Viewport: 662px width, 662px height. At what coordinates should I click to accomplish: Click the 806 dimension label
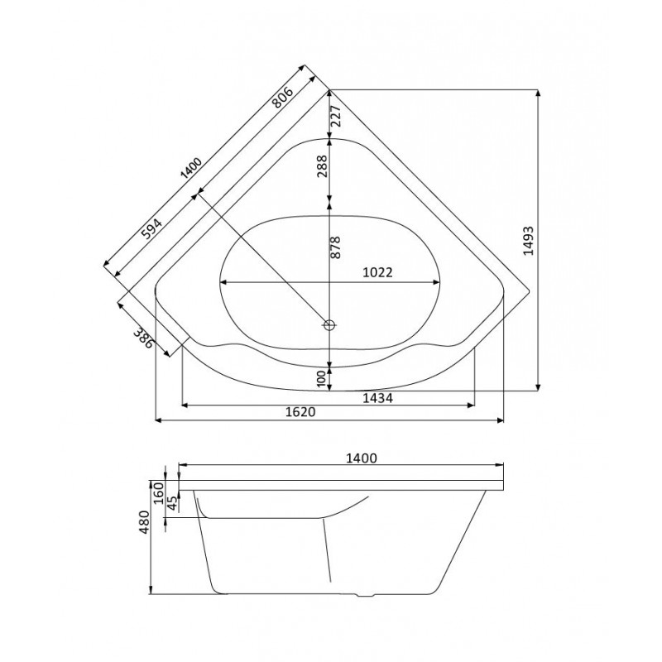(282, 97)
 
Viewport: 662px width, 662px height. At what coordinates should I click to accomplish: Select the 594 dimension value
(151, 229)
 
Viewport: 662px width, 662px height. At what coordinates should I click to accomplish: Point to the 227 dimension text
(335, 115)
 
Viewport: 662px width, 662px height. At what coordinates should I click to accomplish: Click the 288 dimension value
(322, 166)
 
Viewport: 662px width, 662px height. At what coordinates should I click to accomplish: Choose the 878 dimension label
(335, 247)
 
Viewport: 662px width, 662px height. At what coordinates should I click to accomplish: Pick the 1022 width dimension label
(378, 272)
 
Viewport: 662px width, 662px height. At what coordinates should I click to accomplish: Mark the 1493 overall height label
(528, 241)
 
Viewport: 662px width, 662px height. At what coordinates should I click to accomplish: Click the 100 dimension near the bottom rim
(322, 379)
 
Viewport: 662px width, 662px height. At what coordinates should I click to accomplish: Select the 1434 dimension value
(378, 398)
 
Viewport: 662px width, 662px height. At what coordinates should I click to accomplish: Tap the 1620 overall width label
(300, 412)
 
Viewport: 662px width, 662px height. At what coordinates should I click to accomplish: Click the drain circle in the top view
(329, 325)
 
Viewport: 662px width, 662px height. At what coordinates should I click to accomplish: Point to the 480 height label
(144, 522)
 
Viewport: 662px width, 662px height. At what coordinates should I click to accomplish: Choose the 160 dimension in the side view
(158, 492)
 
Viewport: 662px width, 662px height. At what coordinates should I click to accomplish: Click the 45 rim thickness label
(171, 502)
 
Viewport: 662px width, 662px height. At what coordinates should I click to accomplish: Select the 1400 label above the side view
(361, 458)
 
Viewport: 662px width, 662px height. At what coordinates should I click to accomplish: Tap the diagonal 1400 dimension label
(191, 168)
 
